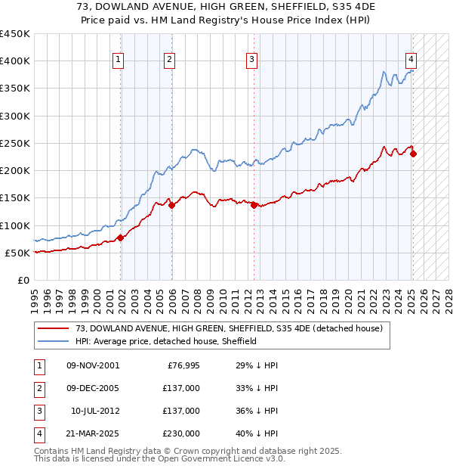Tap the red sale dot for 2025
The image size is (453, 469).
tap(413, 154)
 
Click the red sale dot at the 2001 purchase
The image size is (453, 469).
tap(121, 238)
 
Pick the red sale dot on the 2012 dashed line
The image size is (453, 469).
tap(254, 205)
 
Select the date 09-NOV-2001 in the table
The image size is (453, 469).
tap(93, 365)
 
